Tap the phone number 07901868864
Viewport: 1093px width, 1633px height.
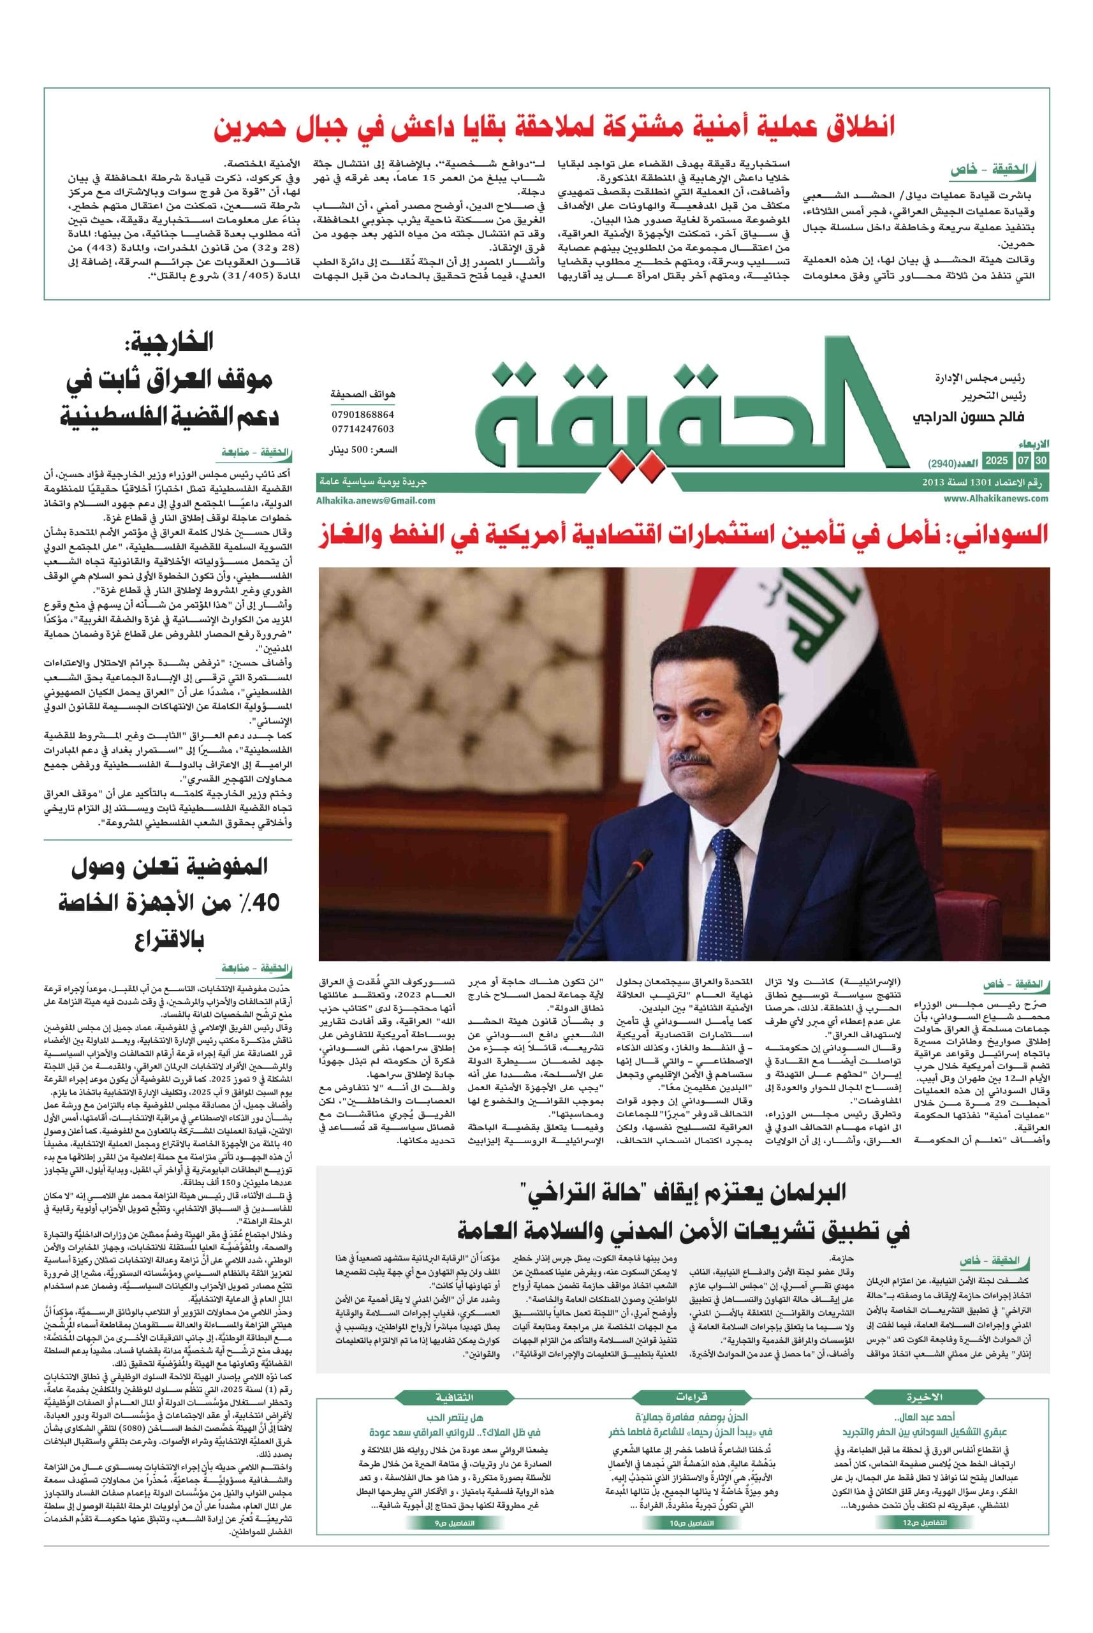pos(362,414)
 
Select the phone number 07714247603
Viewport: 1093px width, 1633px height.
pos(362,429)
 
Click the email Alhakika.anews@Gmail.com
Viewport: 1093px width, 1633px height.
pos(376,500)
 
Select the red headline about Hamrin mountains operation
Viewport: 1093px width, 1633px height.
pos(555,128)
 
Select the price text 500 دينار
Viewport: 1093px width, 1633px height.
pos(362,451)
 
